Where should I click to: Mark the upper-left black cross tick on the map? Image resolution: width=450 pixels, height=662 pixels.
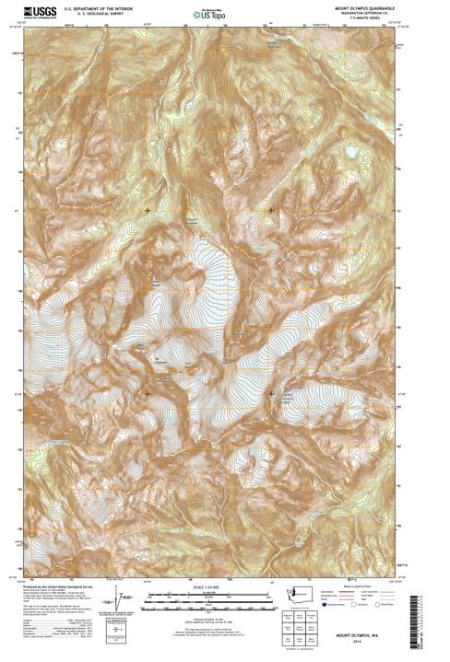[148, 211]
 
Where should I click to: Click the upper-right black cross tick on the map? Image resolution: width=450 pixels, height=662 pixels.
[271, 211]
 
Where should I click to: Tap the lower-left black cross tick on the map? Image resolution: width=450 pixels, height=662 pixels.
[148, 394]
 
